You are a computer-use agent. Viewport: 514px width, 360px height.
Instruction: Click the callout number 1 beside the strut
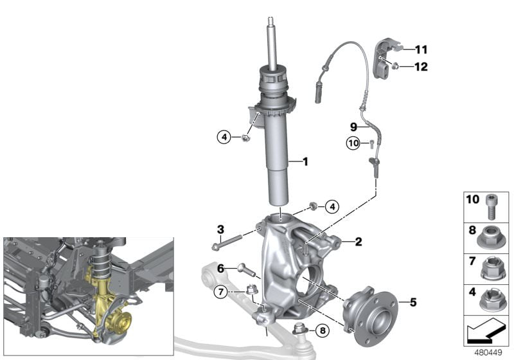[x=305, y=161]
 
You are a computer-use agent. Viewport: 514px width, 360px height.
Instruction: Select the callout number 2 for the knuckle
[x=359, y=242]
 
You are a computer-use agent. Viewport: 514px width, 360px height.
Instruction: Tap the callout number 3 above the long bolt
[x=220, y=230]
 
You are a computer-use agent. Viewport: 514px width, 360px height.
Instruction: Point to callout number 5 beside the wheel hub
[x=413, y=302]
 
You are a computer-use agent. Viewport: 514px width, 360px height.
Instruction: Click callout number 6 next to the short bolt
[x=220, y=269]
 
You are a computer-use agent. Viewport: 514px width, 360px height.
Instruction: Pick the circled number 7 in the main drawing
[x=220, y=291]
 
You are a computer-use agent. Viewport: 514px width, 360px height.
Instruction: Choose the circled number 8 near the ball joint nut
[x=323, y=331]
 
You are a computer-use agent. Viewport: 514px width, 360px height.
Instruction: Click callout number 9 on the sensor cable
[x=353, y=127]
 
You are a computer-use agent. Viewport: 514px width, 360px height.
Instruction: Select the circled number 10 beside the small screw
[x=353, y=143]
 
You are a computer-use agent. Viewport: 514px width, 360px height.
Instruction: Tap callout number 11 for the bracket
[x=421, y=50]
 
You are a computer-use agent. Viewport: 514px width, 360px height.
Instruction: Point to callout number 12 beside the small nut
[x=421, y=67]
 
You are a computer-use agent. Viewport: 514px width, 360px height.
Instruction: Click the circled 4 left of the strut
[x=224, y=137]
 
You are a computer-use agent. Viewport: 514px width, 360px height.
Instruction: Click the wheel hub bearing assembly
[x=370, y=310]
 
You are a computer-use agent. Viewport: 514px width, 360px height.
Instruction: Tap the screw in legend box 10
[x=490, y=206]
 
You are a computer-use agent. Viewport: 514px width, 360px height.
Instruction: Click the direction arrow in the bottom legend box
[x=486, y=331]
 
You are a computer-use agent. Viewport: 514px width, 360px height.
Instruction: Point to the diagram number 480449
[x=488, y=353]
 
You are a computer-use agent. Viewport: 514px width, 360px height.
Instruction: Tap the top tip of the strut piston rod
[x=270, y=17]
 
